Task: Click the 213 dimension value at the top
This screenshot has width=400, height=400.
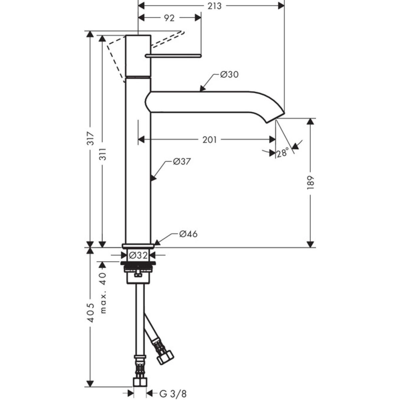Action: (215, 6)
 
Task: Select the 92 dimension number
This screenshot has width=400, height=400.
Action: (169, 18)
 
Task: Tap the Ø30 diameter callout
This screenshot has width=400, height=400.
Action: (229, 75)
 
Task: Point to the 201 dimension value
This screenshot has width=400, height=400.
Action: (209, 140)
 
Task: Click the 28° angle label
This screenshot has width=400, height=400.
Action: (283, 152)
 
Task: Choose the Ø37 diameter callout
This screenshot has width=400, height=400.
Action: (182, 161)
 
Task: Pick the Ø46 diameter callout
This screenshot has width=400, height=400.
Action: (188, 234)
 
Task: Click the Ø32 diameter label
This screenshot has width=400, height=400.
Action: (138, 255)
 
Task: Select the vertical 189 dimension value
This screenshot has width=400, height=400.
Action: (310, 183)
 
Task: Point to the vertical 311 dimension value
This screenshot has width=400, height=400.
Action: (103, 154)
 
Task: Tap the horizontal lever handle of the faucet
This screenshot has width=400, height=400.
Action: (173, 56)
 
